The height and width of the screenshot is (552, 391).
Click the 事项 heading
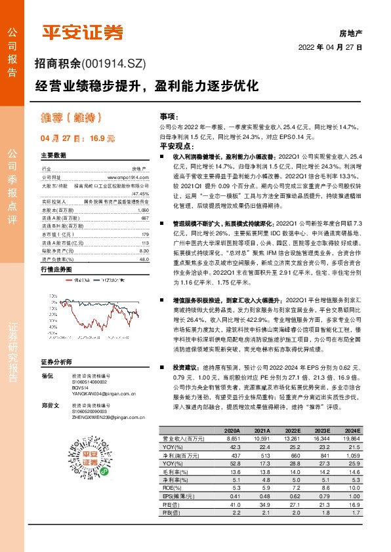click(x=169, y=115)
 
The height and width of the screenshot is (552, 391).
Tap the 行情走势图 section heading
click(x=55, y=251)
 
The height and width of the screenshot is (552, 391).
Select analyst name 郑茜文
click(x=47, y=406)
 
